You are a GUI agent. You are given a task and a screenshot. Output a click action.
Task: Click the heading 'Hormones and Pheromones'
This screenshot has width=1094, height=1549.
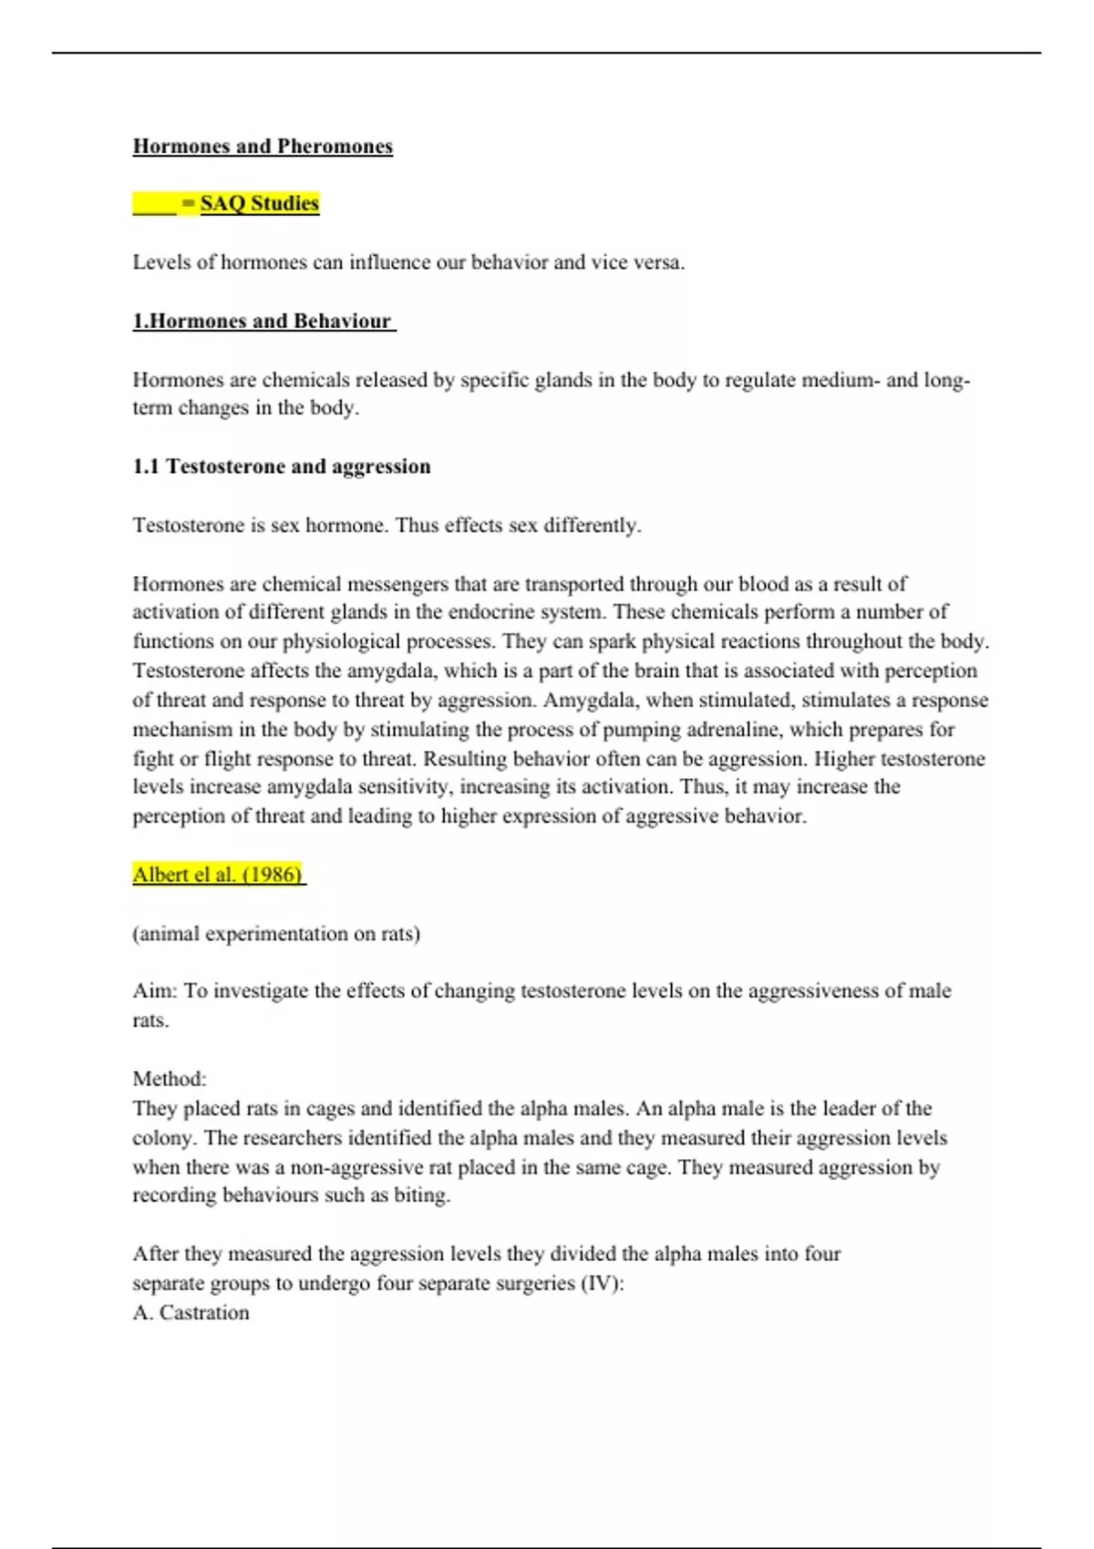pos(263,147)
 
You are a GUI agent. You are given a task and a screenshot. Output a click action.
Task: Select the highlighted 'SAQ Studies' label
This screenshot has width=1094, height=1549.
pos(259,203)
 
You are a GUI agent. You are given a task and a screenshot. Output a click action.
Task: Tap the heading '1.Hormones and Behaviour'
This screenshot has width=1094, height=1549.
pos(263,321)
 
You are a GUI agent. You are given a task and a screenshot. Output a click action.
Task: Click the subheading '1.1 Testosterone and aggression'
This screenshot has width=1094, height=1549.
pos(281,467)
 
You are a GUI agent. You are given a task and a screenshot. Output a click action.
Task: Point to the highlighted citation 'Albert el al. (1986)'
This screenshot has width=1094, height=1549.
pos(217,875)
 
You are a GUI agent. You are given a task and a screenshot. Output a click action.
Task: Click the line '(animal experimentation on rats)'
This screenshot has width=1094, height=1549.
pos(275,934)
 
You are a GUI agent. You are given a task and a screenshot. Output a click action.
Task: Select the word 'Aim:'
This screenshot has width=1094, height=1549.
pos(155,991)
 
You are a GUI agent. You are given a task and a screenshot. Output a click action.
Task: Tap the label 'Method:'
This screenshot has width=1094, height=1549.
pos(170,1079)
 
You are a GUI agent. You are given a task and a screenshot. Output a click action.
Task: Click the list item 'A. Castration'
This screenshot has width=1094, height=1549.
pos(191,1313)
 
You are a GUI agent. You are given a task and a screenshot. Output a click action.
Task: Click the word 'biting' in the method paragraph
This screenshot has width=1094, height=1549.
pos(420,1195)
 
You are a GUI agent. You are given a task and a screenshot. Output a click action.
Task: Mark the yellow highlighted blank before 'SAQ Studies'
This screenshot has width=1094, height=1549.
pos(154,203)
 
